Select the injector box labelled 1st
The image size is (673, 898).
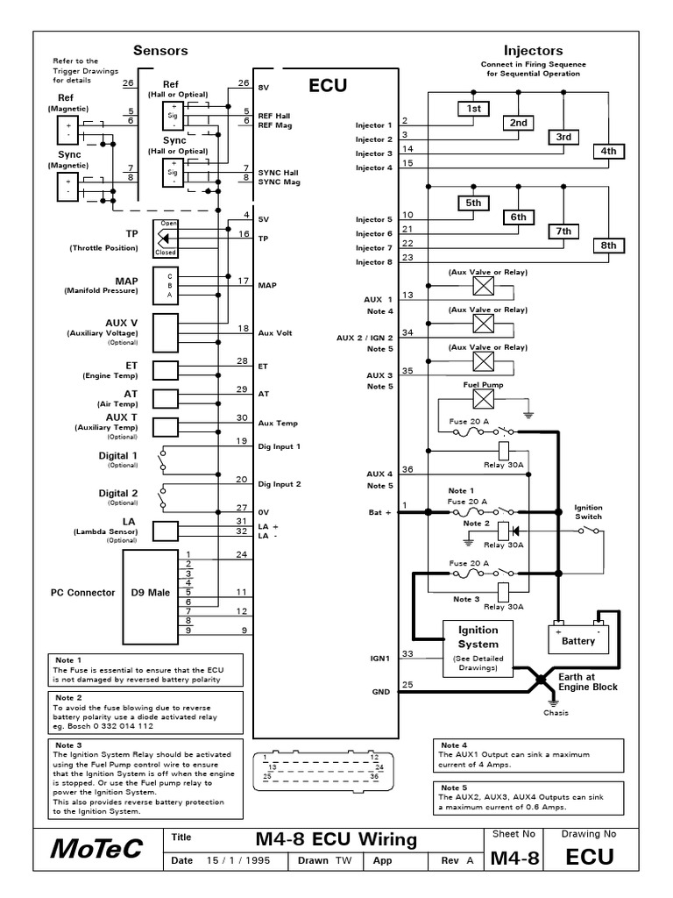[474, 108]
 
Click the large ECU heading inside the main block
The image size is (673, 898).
[328, 85]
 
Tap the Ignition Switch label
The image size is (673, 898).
[588, 512]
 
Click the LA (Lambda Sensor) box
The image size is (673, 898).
[166, 530]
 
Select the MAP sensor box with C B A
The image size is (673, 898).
[166, 285]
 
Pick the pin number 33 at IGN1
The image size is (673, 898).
[407, 653]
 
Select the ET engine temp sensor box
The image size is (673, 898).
[166, 369]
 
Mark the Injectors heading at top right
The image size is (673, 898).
[533, 51]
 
